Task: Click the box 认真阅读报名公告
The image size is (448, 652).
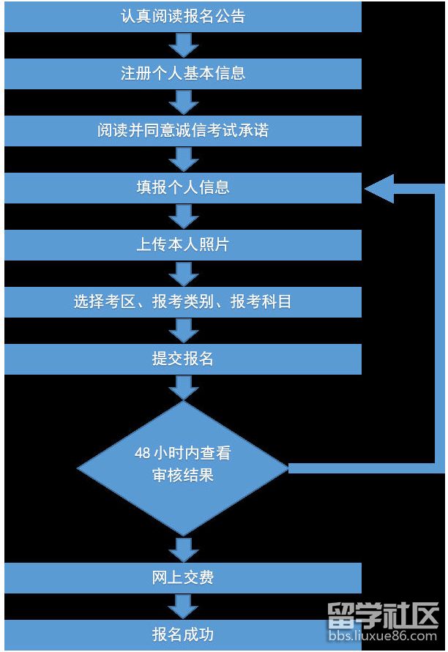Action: [182, 16]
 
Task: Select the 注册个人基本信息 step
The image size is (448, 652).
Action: [182, 73]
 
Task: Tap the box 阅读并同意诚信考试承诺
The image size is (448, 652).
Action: [182, 130]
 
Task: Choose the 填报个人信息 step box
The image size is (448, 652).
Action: [182, 187]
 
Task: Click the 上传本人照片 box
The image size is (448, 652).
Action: [182, 244]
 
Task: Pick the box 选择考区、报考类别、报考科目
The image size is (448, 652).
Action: [182, 301]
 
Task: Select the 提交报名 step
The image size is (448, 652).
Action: [182, 359]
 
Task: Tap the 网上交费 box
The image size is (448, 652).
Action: [182, 577]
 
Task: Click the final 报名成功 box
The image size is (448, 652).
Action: [182, 634]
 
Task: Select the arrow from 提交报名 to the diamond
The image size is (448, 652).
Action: [183, 387]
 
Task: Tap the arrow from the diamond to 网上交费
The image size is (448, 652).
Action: [183, 548]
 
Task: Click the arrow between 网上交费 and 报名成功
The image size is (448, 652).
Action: [183, 606]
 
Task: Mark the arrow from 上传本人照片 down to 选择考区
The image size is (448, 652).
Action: [183, 273]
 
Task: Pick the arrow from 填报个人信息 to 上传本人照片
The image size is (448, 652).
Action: [183, 216]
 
